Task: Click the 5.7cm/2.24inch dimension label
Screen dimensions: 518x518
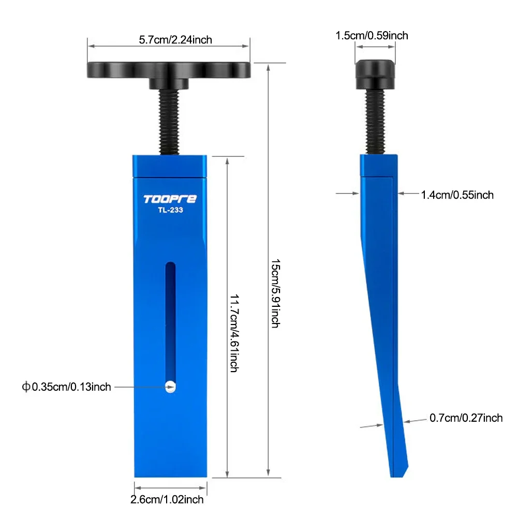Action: [168, 39]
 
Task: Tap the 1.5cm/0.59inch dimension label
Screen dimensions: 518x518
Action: [372, 36]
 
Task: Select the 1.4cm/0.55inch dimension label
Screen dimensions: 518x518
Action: [457, 195]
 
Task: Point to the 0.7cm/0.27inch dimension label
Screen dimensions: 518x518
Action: [466, 418]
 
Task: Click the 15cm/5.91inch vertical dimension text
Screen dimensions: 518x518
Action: [274, 292]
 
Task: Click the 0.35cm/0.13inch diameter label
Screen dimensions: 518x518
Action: [71, 387]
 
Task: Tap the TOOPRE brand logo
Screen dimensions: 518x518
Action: [170, 199]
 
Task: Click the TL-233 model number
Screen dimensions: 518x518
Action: [170, 210]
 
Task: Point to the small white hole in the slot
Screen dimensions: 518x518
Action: [170, 386]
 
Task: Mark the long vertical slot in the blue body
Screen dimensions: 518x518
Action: [170, 321]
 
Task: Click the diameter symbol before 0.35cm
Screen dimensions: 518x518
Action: [26, 387]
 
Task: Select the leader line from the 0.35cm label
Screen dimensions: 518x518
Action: [137, 387]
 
